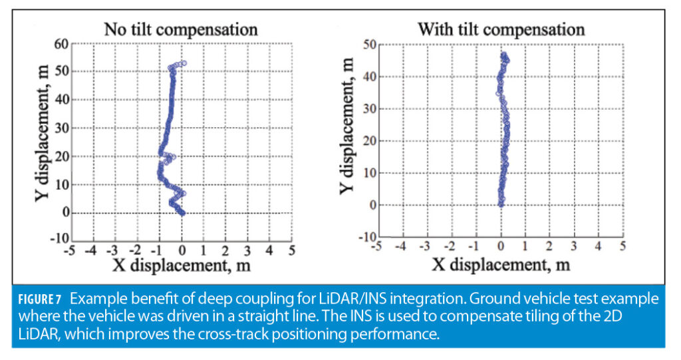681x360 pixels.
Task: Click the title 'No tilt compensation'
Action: [x=180, y=30]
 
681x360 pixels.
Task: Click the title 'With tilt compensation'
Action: [x=501, y=29]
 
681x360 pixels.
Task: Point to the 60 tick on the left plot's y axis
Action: [x=61, y=43]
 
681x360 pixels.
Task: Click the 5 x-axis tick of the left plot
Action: [x=291, y=251]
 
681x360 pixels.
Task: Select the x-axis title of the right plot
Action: [x=501, y=265]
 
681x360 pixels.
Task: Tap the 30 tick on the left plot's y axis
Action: [x=61, y=128]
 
